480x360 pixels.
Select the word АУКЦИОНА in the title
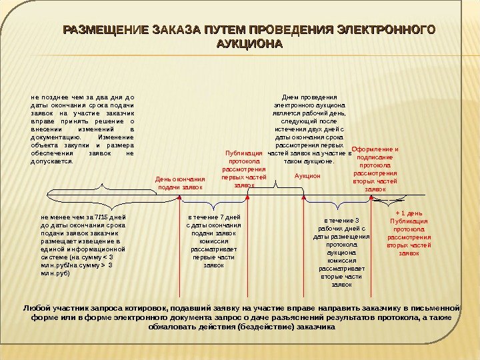250,44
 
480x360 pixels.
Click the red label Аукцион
307,176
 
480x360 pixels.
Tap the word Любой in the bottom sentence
38,308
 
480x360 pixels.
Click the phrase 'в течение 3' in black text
341,221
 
